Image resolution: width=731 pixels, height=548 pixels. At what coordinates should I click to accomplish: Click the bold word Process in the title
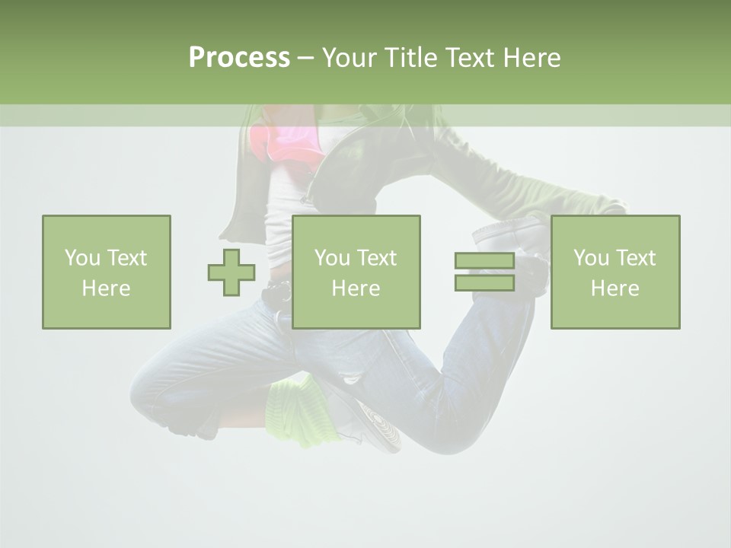[x=239, y=58]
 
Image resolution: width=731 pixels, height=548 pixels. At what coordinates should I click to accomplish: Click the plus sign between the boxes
[x=231, y=272]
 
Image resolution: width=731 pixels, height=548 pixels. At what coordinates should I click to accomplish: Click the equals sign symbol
[x=484, y=272]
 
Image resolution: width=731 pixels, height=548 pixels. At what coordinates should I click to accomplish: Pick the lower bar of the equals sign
[x=484, y=283]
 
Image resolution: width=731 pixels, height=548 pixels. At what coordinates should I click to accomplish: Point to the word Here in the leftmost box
[x=107, y=288]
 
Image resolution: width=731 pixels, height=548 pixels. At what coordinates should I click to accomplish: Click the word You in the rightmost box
[x=591, y=258]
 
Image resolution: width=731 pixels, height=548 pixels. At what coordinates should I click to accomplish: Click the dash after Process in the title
[x=305, y=58]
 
